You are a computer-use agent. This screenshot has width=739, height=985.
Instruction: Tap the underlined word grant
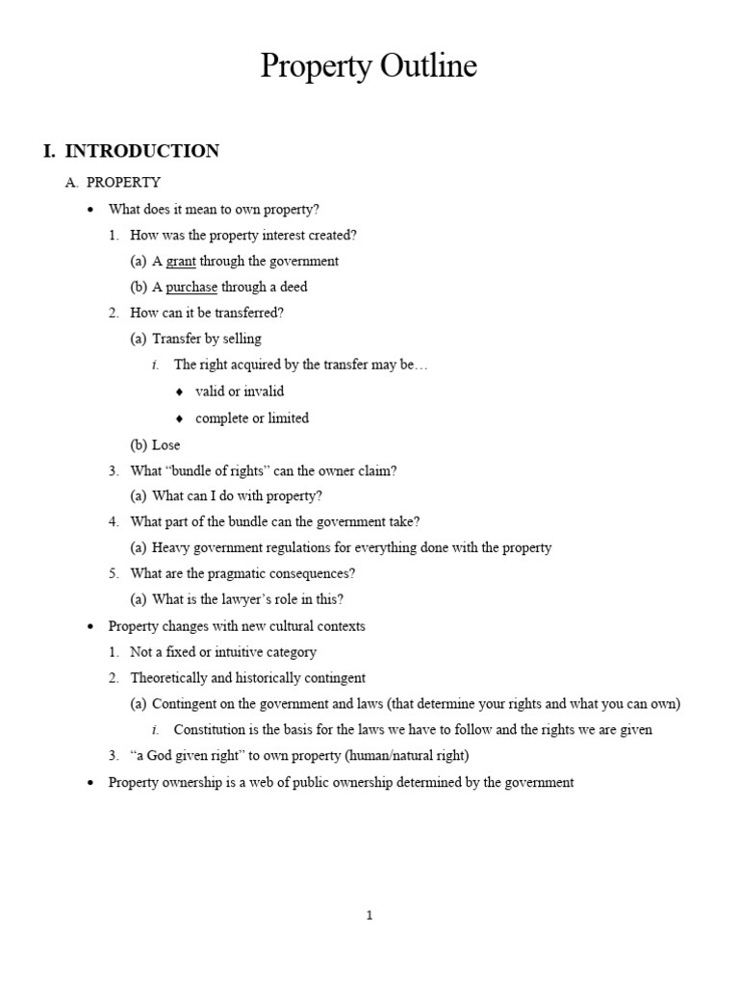tap(181, 261)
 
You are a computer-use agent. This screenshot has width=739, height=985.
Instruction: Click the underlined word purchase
tap(191, 287)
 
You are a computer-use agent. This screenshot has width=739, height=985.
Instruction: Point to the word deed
tap(293, 287)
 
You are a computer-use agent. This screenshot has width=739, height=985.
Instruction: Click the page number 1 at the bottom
tap(369, 916)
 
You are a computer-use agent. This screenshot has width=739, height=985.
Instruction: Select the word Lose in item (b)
tap(166, 445)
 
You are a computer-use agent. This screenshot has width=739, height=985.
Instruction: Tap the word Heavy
tap(169, 547)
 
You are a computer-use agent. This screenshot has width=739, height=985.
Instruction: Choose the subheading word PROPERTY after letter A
tap(123, 182)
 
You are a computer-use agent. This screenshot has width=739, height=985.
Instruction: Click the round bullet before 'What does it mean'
tap(90, 209)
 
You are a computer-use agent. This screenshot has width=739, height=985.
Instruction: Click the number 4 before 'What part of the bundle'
tap(114, 521)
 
